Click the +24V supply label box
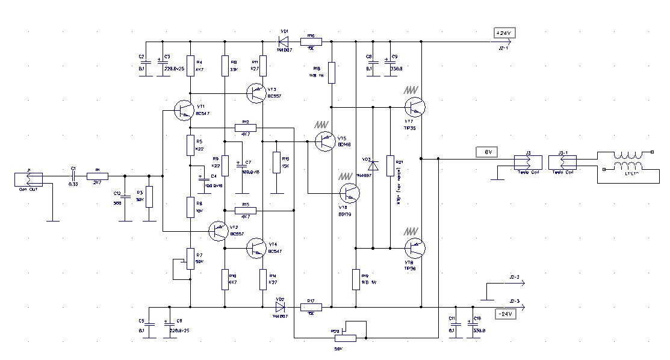click(504, 33)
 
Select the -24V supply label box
click(504, 314)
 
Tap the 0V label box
click(488, 152)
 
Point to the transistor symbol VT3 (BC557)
click(257, 92)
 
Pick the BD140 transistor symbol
click(324, 141)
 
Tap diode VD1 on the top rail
click(283, 42)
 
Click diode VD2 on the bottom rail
click(280, 307)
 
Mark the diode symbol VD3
click(373, 165)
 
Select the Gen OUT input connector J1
click(28, 179)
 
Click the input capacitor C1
click(73, 176)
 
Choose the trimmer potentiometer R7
click(190, 257)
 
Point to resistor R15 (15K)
click(276, 163)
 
